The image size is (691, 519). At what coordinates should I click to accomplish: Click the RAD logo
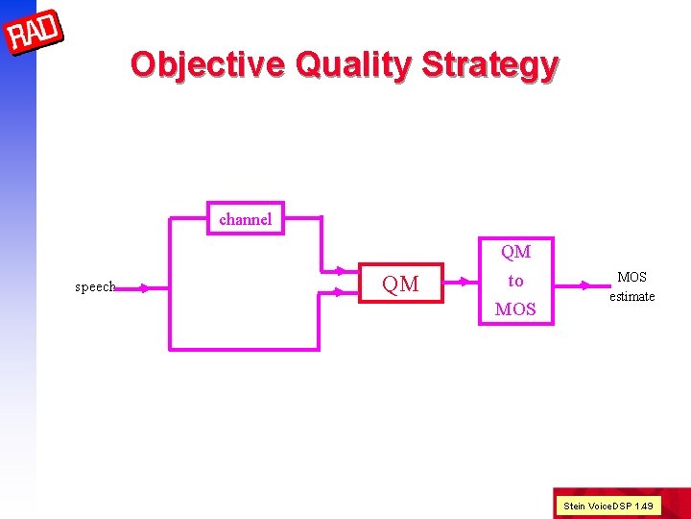tap(35, 35)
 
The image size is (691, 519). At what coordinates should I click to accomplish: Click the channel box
tap(246, 219)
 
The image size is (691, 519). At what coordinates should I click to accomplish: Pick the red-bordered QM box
tap(401, 284)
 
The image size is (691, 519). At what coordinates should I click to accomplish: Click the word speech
tap(95, 287)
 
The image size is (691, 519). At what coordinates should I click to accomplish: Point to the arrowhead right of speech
tap(143, 287)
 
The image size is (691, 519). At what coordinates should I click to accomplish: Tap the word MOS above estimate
tap(631, 277)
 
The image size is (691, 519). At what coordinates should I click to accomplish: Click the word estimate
tap(631, 296)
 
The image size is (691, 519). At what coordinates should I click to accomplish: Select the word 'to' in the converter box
tap(515, 281)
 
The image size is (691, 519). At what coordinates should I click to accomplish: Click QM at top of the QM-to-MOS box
tap(515, 252)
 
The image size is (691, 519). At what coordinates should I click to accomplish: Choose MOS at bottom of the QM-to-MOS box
tap(515, 309)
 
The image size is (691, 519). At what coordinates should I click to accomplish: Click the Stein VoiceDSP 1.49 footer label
tap(608, 506)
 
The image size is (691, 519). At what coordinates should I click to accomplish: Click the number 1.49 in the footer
tap(643, 506)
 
